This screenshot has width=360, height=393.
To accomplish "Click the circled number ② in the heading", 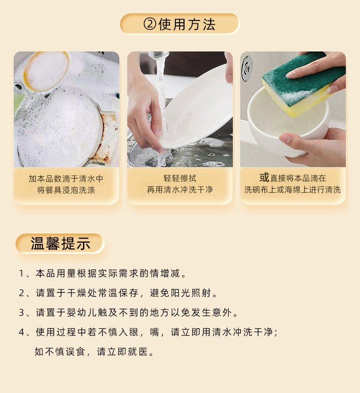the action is tap(150, 24).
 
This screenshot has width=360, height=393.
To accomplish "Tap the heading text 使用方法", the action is tap(187, 24).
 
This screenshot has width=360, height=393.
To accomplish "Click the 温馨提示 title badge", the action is tap(60, 244).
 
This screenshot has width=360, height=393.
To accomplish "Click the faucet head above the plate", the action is tap(158, 55).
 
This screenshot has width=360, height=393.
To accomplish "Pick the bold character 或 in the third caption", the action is tap(264, 178).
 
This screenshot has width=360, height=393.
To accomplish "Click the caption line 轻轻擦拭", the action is tap(180, 178).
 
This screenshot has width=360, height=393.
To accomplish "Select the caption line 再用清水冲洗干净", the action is tap(180, 189).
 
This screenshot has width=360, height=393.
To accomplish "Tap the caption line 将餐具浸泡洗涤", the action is tap(66, 190).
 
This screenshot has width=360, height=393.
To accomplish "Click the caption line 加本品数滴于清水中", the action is tap(66, 179).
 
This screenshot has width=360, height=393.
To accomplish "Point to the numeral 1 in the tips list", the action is tap(21, 273).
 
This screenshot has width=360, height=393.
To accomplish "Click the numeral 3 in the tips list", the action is tap(21, 312).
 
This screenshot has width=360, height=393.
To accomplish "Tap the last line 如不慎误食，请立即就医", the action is tap(94, 352).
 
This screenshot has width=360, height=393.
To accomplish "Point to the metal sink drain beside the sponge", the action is tap(247, 68).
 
